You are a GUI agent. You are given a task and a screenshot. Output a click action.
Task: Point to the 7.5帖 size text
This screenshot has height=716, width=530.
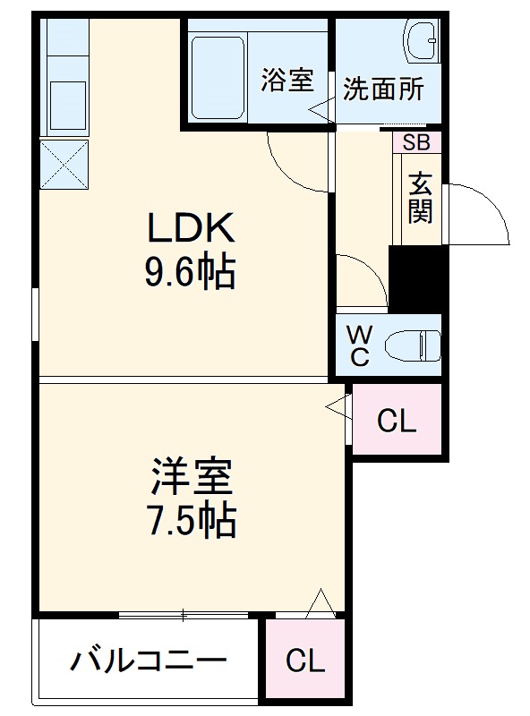tap(192, 521)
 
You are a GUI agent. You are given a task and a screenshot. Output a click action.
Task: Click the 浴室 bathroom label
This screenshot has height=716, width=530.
tap(286, 81)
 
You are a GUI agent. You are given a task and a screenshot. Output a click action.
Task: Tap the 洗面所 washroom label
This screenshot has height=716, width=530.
tap(383, 89)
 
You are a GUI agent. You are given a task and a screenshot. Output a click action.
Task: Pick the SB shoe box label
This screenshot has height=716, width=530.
tap(415, 141)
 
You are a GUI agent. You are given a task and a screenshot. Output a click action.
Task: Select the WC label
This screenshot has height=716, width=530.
tap(359, 345)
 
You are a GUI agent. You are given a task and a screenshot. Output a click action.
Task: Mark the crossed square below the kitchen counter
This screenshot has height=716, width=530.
tap(64, 166)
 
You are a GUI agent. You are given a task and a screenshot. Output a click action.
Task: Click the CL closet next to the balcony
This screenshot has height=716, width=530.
tap(304, 661)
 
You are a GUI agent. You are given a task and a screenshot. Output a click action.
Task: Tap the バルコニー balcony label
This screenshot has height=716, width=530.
tap(149, 663)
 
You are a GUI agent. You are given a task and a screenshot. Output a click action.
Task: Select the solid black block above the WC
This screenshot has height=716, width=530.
tap(416, 278)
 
